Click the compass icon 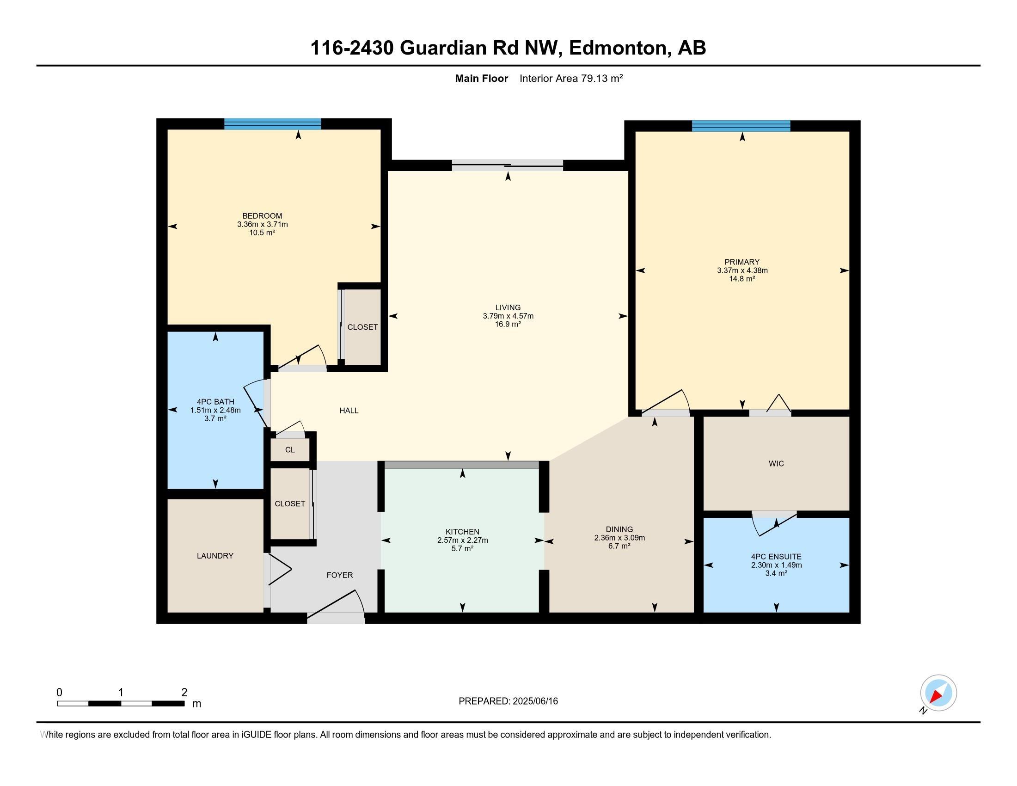pyautogui.click(x=938, y=694)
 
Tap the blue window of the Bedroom pyautogui.click(x=272, y=124)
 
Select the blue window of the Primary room pyautogui.click(x=741, y=126)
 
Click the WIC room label pyautogui.click(x=776, y=463)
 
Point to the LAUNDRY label pyautogui.click(x=215, y=555)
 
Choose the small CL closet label pyautogui.click(x=290, y=450)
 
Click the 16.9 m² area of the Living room pyautogui.click(x=508, y=324)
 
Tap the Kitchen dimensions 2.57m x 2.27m pyautogui.click(x=462, y=540)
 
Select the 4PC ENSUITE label pyautogui.click(x=776, y=556)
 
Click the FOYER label pyautogui.click(x=339, y=575)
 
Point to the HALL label pyautogui.click(x=349, y=410)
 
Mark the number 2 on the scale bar pyautogui.click(x=184, y=692)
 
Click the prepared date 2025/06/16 pyautogui.click(x=534, y=701)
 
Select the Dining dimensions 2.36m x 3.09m pyautogui.click(x=619, y=538)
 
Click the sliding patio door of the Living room pyautogui.click(x=508, y=166)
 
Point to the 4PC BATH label pyautogui.click(x=215, y=402)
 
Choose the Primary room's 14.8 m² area pyautogui.click(x=742, y=278)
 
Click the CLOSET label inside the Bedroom pyautogui.click(x=362, y=327)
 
